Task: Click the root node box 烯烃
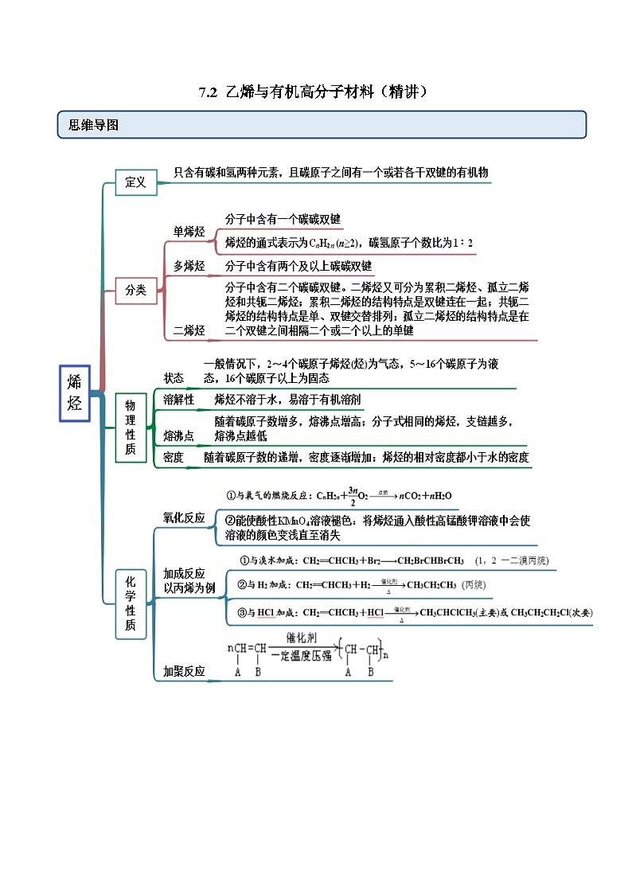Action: (75, 393)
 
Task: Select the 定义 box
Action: (135, 182)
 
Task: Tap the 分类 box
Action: (135, 291)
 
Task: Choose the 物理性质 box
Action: (131, 428)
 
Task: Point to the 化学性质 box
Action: (131, 603)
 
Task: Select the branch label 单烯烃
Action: (189, 232)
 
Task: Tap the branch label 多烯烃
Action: (189, 266)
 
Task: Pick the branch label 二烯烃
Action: (189, 330)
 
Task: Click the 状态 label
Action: (174, 378)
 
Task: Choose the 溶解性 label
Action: (179, 400)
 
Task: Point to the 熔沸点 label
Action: (179, 435)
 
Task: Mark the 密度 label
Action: (174, 457)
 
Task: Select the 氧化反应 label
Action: (185, 517)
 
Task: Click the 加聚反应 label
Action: (185, 671)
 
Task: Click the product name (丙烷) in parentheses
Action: (474, 585)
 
